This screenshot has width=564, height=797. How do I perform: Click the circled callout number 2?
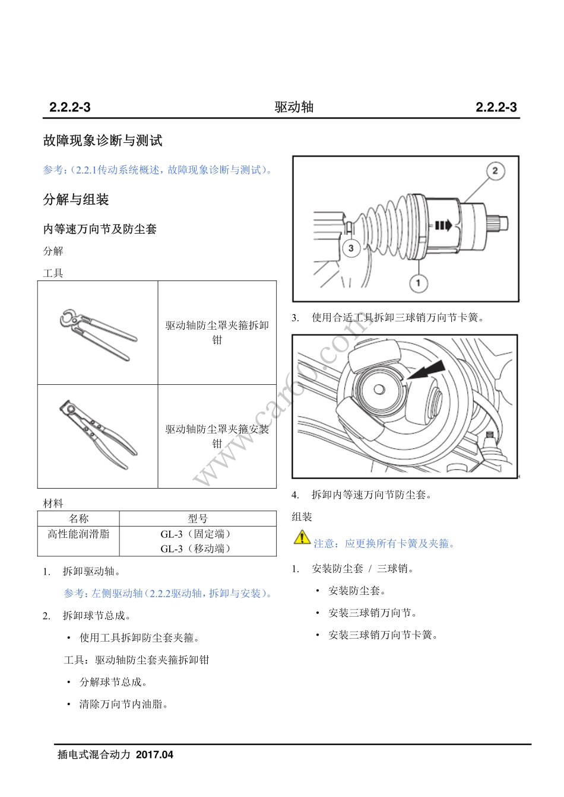495,171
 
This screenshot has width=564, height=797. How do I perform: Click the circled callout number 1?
418,283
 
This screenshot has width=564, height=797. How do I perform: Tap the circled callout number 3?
351,248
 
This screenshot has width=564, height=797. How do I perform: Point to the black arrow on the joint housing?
443,225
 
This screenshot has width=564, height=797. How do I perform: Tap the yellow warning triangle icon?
302,537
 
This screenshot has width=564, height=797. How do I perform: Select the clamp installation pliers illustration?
98,435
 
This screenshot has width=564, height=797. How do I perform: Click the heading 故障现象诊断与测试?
103,141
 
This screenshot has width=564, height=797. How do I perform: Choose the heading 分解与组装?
76,199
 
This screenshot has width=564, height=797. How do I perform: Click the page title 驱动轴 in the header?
294,107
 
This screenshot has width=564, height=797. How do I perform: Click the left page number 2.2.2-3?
69,107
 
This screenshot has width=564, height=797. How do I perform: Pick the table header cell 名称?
78,518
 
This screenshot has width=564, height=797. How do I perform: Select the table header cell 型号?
198,518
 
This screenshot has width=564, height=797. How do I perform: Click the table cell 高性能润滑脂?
78,534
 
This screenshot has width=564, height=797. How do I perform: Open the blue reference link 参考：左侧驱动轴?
168,593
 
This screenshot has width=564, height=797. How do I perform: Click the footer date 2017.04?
154,755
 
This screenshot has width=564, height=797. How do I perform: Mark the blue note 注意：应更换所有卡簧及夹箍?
385,543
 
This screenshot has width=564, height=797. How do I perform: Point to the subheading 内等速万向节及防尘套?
100,229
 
